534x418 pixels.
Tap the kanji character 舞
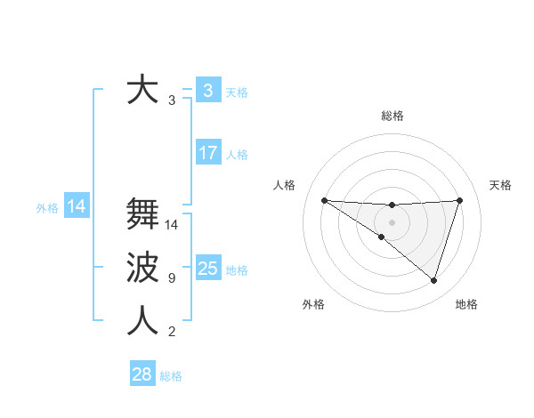pos(142,214)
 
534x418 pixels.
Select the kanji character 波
pos(142,268)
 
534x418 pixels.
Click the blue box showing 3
pos(207,91)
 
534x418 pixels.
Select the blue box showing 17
pos(207,153)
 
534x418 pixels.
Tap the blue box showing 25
pos(207,269)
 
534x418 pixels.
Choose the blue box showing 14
pos(77,207)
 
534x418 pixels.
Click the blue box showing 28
pos(142,374)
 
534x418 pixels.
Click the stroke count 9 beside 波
pos(172,278)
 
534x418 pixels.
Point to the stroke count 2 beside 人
pos(172,332)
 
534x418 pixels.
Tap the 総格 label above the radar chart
pos(392,116)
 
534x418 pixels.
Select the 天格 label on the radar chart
pos(500,185)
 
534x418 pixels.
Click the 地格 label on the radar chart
pos(466,304)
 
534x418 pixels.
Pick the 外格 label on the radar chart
pos(313,304)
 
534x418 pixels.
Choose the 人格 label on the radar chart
pos(284,185)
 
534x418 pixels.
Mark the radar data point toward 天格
pos(460,200)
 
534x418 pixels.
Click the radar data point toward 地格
pos(434,281)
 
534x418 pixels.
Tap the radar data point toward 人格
pos(324,200)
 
